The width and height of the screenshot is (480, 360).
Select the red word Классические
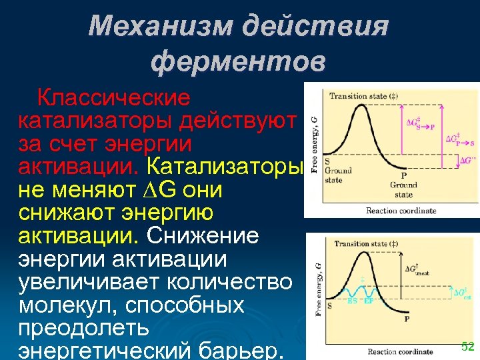pos(113,99)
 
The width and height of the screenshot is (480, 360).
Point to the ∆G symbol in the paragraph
pos(160,190)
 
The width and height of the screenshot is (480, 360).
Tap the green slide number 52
pos(467,346)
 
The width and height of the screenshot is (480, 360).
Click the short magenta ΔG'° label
pos(469,161)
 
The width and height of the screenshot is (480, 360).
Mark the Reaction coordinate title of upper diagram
pos(401,211)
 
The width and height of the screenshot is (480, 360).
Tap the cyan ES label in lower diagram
pos(351,301)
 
